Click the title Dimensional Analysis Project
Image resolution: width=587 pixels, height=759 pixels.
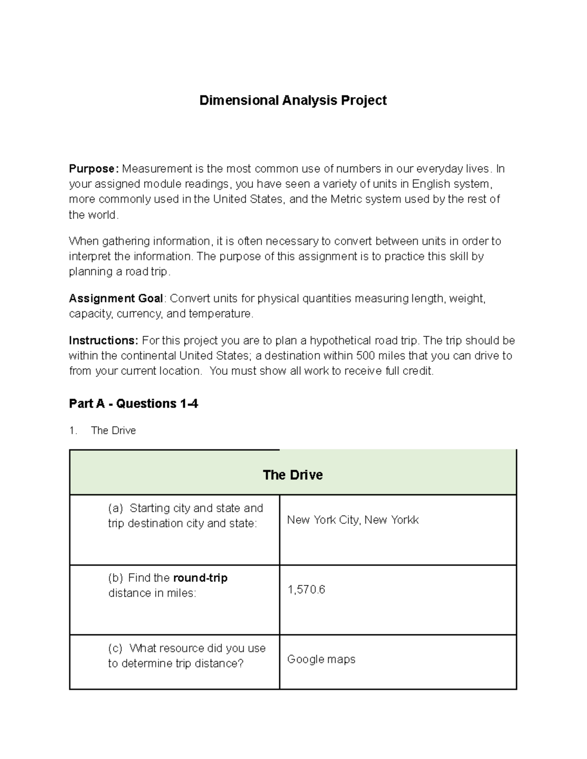pos(293,100)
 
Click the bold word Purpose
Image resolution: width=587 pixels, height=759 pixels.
pos(93,169)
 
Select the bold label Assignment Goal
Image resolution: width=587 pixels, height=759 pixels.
pos(117,299)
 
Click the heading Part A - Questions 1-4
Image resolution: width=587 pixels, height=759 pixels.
pos(134,404)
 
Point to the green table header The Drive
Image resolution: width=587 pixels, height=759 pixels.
pos(293,475)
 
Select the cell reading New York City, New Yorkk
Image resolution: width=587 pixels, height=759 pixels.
pos(353,520)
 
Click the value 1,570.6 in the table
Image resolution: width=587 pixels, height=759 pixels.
pos(306,590)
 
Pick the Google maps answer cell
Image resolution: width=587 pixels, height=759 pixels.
pos(321,660)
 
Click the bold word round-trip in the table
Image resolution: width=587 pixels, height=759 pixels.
pos(200,578)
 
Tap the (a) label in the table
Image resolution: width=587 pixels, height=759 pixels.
pos(115,508)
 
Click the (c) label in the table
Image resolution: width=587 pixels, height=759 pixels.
pos(115,649)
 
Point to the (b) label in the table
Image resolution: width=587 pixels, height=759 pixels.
pos(115,578)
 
